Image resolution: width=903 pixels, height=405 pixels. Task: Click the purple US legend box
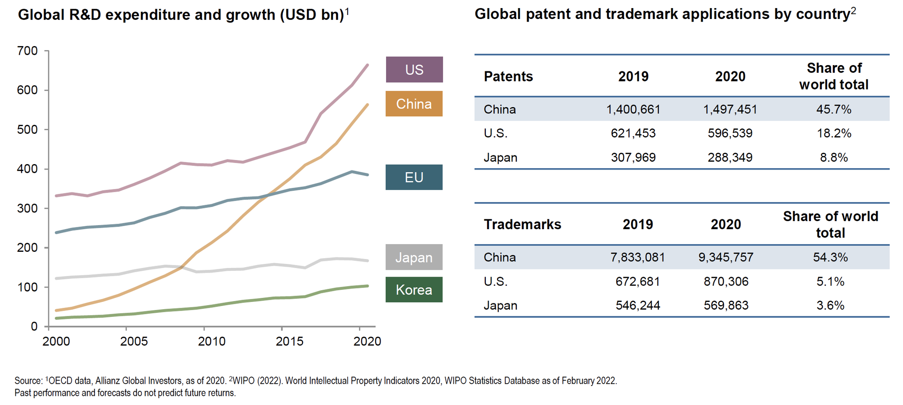click(x=414, y=70)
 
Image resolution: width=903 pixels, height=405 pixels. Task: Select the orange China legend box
click(x=414, y=104)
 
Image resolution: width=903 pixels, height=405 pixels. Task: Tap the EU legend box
click(x=414, y=177)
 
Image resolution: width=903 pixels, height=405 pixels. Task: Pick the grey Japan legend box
click(x=414, y=257)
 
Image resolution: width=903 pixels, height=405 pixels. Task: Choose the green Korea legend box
click(x=414, y=290)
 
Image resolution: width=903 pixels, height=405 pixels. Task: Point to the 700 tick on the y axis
click(x=28, y=51)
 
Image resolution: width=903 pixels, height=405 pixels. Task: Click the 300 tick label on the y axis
click(x=28, y=208)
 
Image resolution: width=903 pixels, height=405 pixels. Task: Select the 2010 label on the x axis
click(x=211, y=341)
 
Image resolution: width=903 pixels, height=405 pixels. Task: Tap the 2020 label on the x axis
click(x=367, y=341)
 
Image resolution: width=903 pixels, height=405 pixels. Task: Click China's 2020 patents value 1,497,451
click(x=730, y=109)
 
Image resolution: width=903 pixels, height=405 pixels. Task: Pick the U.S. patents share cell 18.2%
click(x=833, y=133)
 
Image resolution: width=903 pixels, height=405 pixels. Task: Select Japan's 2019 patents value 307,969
click(x=633, y=157)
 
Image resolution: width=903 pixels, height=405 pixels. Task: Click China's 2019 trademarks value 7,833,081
click(x=638, y=257)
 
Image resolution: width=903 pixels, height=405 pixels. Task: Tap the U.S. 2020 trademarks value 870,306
click(x=726, y=282)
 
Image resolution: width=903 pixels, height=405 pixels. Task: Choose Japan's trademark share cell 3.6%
click(x=830, y=306)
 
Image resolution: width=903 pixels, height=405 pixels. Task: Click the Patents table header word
click(x=508, y=76)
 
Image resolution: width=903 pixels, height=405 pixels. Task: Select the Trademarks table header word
click(x=522, y=224)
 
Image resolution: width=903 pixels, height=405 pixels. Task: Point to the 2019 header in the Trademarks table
click(x=638, y=224)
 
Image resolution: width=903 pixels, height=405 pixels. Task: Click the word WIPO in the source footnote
click(x=244, y=381)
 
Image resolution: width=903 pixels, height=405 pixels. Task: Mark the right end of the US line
click(x=368, y=65)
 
